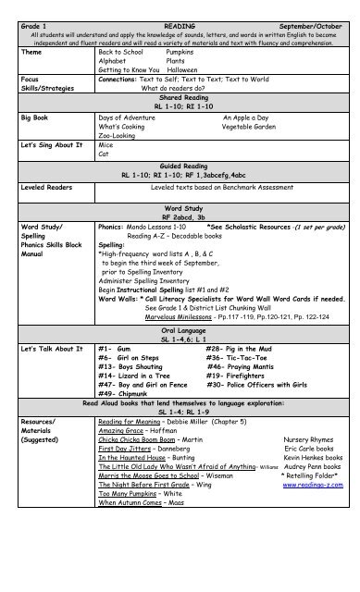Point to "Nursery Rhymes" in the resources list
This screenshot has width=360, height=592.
[x=308, y=462]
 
